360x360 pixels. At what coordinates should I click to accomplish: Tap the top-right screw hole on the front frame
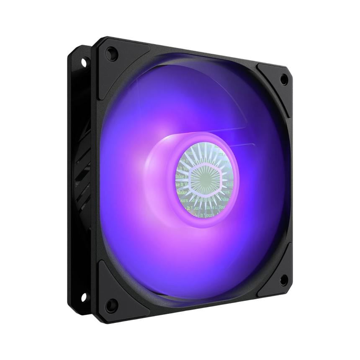point(283,77)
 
